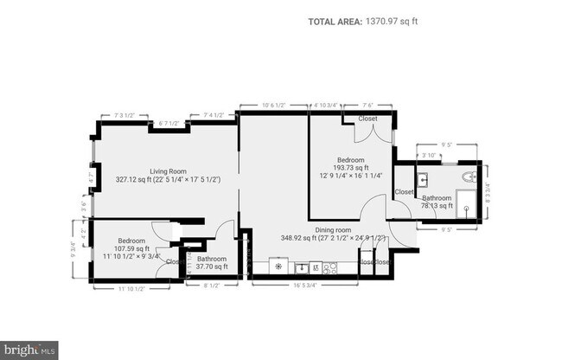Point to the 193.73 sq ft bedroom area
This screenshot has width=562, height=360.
tap(350, 170)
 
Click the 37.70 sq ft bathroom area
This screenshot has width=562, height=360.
tap(211, 267)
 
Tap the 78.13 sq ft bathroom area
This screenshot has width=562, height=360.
tap(437, 206)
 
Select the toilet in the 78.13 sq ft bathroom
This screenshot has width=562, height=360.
tap(468, 177)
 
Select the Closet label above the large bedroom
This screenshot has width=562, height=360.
tap(367, 119)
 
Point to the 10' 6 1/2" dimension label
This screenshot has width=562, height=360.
tap(274, 106)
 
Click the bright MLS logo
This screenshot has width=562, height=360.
tap(29, 350)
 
